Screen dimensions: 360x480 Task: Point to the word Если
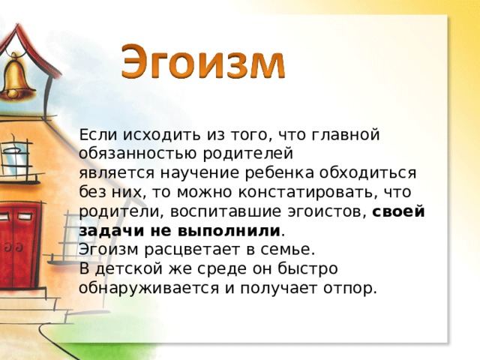click(x=96, y=135)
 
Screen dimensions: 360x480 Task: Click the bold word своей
click(x=399, y=212)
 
